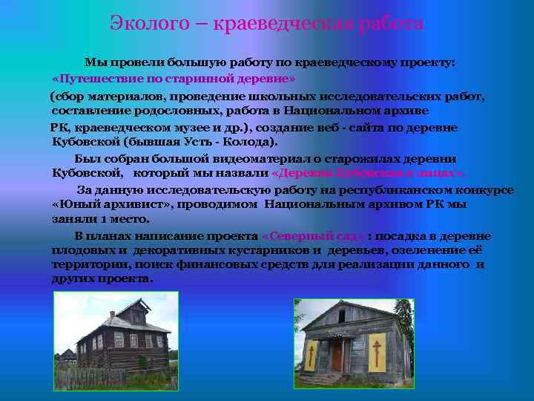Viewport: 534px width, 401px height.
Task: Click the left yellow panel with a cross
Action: click(x=310, y=355)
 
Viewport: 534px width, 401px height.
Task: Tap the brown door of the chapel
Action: click(x=337, y=356)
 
